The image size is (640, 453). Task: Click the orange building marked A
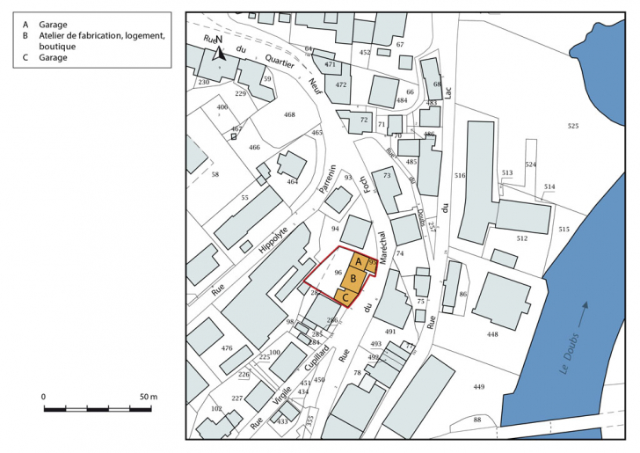click(x=359, y=262)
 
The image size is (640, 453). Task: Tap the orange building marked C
click(x=345, y=298)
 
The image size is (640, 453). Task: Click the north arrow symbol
click(x=220, y=50)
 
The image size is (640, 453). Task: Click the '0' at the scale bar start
click(x=44, y=398)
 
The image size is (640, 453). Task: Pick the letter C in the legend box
click(x=26, y=58)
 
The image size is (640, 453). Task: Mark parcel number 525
click(x=573, y=127)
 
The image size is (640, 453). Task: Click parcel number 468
click(x=289, y=115)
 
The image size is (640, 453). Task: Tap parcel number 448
click(x=492, y=334)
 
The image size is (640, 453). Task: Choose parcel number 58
click(x=215, y=175)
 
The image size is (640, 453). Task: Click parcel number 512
click(x=521, y=238)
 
